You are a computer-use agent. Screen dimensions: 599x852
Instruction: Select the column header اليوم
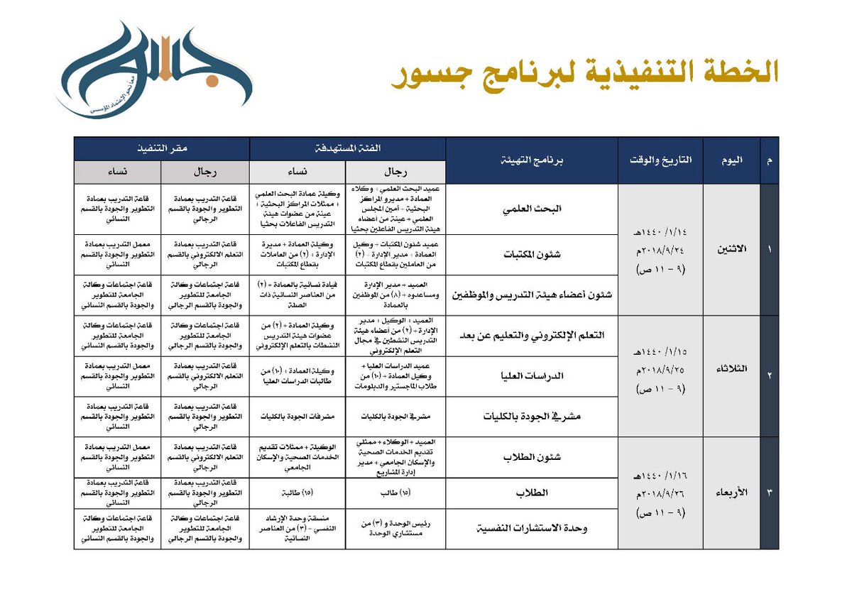pyautogui.click(x=731, y=160)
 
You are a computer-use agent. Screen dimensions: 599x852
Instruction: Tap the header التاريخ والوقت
pyautogui.click(x=660, y=160)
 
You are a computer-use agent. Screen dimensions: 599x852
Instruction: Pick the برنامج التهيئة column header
pyautogui.click(x=532, y=160)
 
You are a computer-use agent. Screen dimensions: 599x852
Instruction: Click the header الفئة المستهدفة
pyautogui.click(x=347, y=148)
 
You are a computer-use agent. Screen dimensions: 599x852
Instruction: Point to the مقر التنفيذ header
pyautogui.click(x=162, y=148)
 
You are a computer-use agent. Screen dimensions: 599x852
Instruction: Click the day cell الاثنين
pyautogui.click(x=731, y=249)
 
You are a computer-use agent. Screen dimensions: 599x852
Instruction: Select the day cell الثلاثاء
pyautogui.click(x=731, y=375)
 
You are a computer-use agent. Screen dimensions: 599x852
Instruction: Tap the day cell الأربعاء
pyautogui.click(x=731, y=493)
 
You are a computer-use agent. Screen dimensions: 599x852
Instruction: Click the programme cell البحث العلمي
pyautogui.click(x=532, y=209)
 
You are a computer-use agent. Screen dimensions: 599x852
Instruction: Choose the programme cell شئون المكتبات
pyautogui.click(x=532, y=254)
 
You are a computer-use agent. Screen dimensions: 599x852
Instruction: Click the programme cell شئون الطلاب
pyautogui.click(x=532, y=457)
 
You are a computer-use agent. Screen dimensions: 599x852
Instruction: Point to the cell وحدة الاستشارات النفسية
pyautogui.click(x=532, y=529)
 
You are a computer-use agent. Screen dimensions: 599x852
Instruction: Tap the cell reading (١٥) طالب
pyautogui.click(x=395, y=493)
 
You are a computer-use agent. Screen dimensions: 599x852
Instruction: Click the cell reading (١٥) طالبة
pyautogui.click(x=297, y=493)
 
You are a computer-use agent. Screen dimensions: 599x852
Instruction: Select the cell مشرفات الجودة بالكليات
pyautogui.click(x=297, y=417)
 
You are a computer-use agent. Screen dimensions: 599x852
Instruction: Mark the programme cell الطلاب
pyautogui.click(x=532, y=493)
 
